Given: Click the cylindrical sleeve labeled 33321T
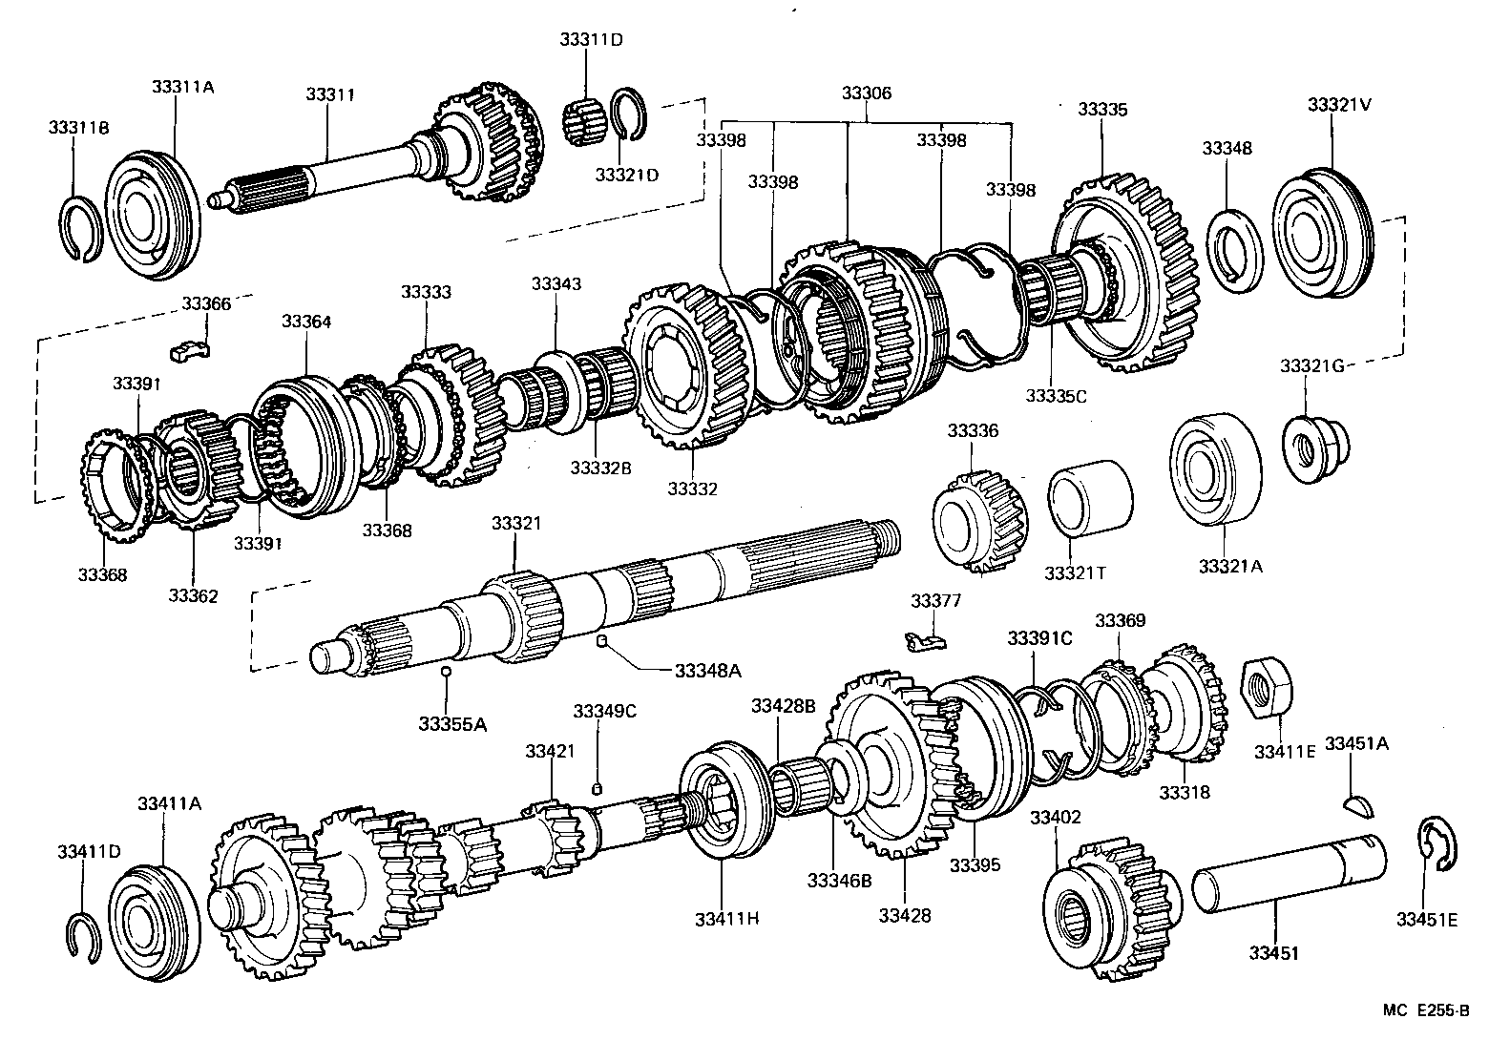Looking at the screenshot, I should (x=1090, y=497).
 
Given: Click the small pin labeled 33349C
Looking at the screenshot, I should (x=598, y=788).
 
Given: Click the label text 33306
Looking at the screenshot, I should (x=866, y=94).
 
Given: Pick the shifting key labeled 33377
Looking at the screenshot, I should (x=925, y=642).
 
